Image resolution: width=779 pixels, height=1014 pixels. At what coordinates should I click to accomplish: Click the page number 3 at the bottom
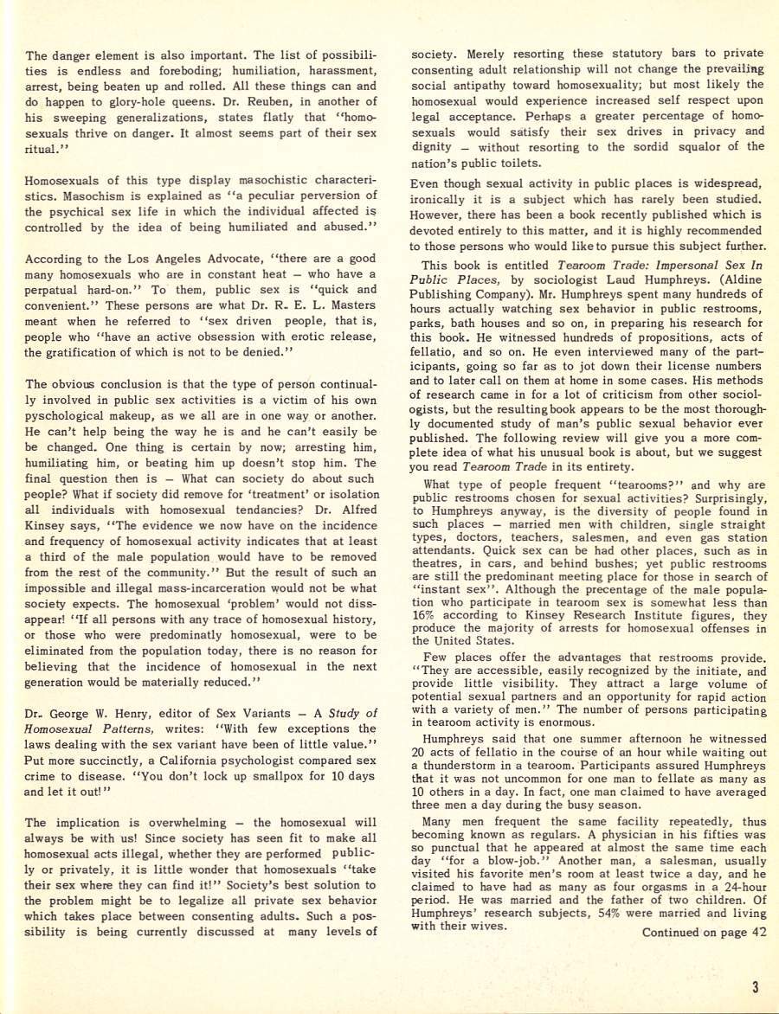click(756, 987)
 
